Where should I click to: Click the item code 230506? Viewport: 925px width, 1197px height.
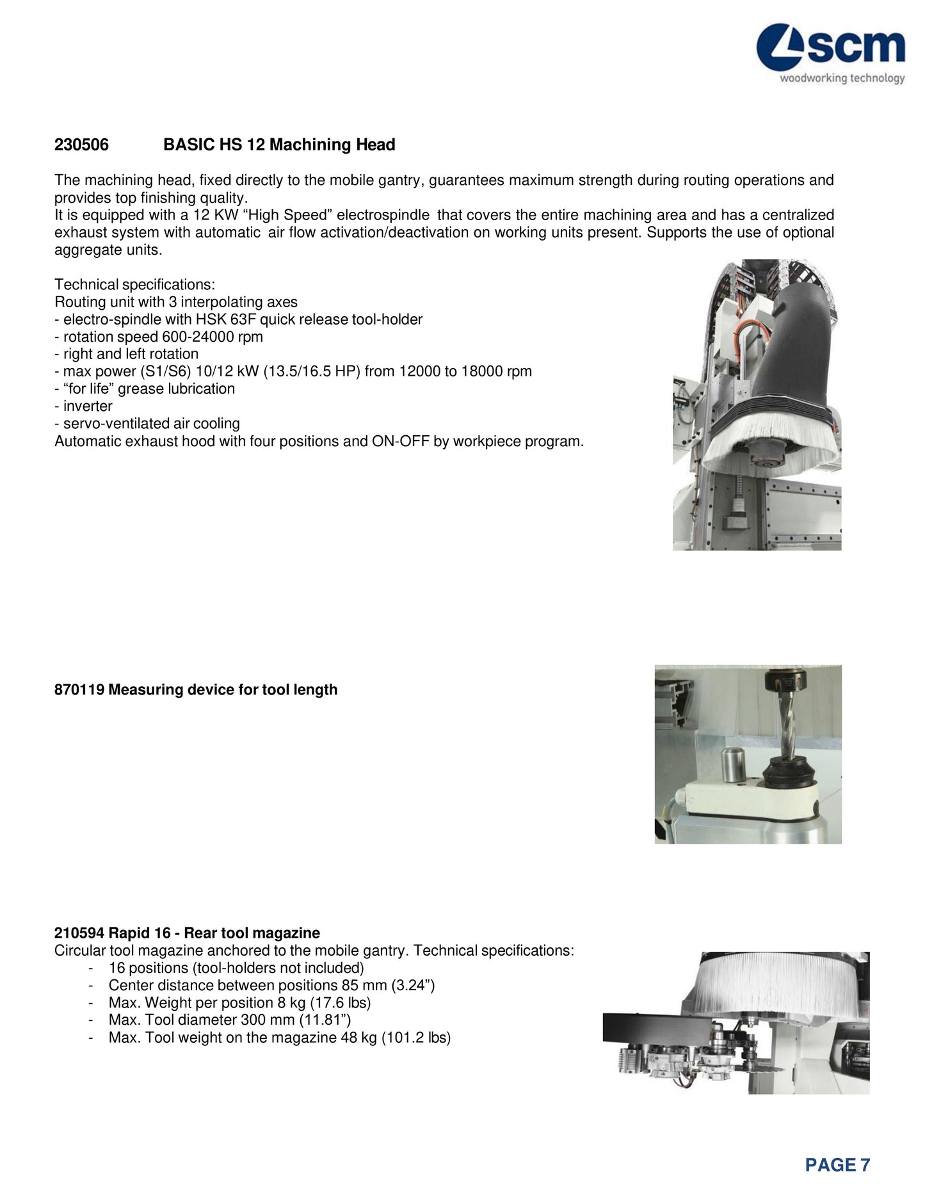(81, 145)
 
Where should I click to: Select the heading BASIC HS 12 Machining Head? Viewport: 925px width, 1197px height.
(279, 145)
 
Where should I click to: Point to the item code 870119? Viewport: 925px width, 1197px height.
(80, 690)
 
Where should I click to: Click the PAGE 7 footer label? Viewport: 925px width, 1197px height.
(837, 1165)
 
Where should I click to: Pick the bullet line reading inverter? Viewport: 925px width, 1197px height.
(88, 406)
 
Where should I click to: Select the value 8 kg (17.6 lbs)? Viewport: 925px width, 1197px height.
(325, 1003)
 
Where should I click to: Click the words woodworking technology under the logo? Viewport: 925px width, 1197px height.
(842, 79)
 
